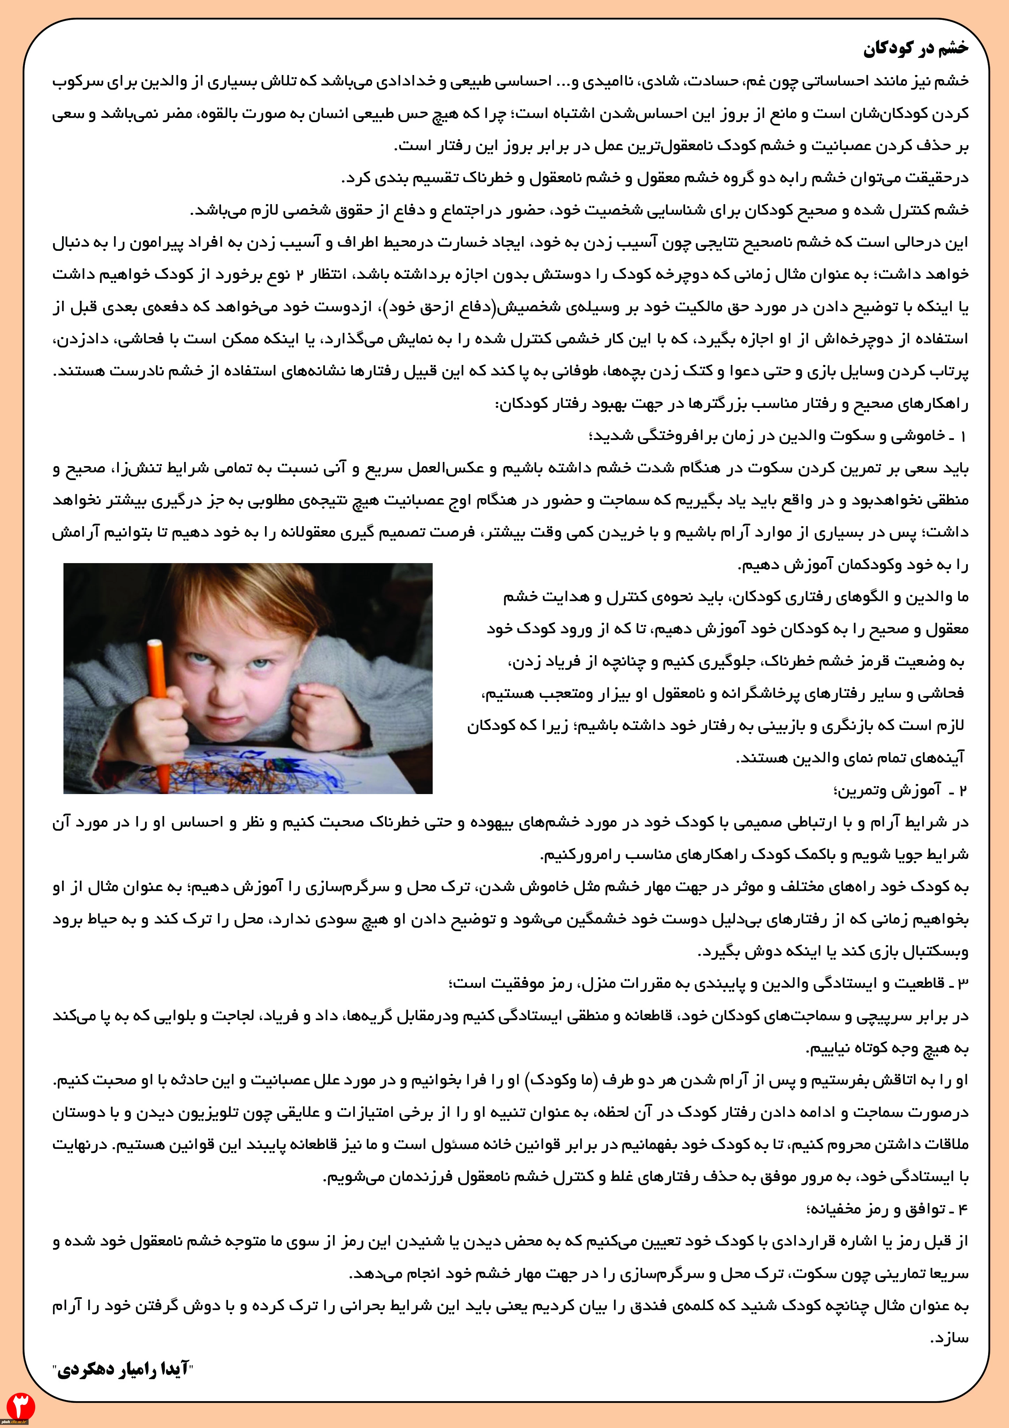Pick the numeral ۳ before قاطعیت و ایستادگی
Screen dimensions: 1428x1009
tap(962, 983)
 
